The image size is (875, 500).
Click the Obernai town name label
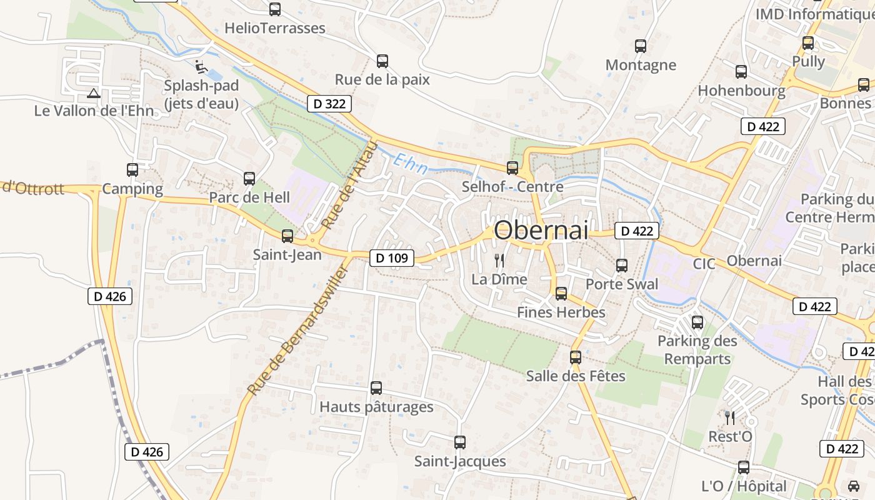click(541, 230)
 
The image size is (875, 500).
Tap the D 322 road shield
click(329, 104)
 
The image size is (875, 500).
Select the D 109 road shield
click(392, 257)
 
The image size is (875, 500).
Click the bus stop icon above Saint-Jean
click(287, 236)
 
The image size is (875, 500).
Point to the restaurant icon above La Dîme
click(499, 261)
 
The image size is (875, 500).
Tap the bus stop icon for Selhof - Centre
click(512, 167)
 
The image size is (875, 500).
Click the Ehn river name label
click(411, 164)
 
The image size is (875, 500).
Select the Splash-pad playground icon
click(200, 66)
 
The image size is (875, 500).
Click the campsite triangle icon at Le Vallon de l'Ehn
click(94, 94)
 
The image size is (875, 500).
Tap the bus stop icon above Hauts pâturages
click(376, 388)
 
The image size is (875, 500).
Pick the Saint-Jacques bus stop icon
click(460, 442)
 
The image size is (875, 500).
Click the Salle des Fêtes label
click(576, 376)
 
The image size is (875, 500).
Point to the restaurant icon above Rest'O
click(729, 417)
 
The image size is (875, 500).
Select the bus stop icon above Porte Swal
click(622, 266)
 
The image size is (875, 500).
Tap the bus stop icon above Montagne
click(641, 46)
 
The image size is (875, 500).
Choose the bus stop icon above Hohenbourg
click(741, 72)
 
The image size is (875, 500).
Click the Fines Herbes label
click(561, 312)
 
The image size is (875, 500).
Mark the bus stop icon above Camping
click(132, 170)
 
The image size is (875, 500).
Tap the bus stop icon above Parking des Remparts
click(697, 322)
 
